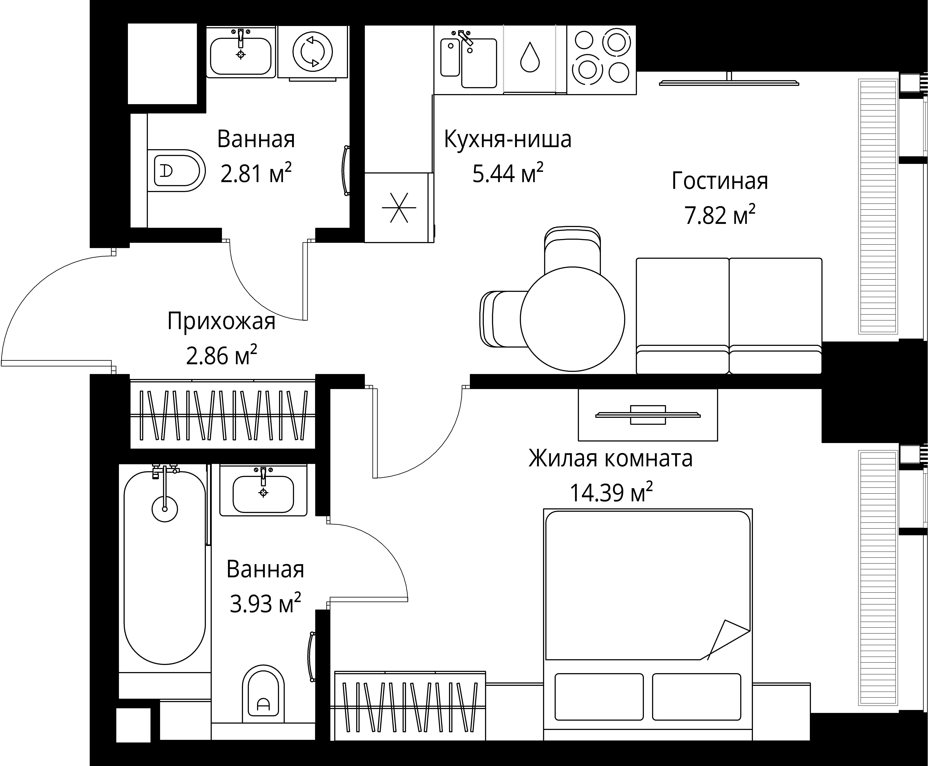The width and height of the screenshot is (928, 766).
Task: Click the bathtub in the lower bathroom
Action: [165, 567]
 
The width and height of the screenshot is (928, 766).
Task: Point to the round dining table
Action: [572, 319]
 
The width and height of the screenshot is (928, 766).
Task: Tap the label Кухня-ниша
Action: [507, 139]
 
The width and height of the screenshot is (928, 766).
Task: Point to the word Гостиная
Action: [719, 181]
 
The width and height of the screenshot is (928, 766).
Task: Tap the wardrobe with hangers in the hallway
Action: [223, 415]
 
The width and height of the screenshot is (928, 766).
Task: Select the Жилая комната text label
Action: [610, 459]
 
